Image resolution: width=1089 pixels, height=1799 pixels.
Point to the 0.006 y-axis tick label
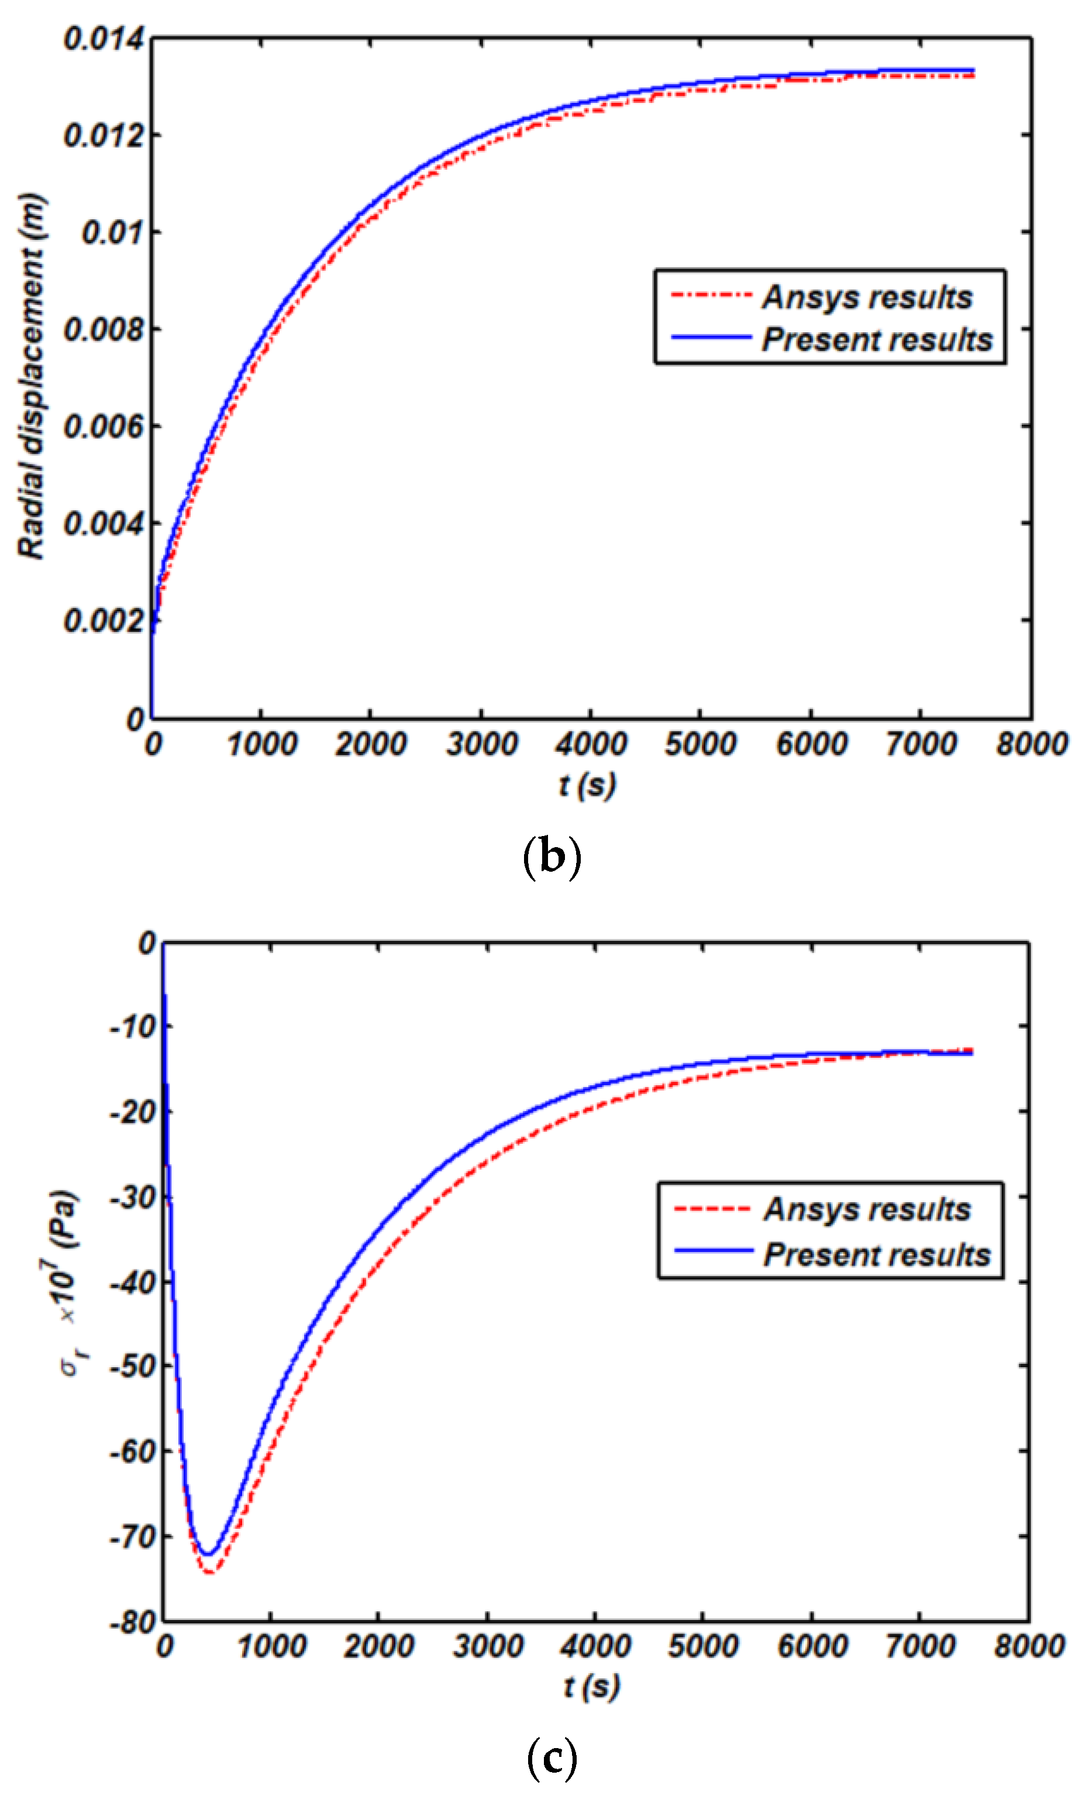coord(104,426)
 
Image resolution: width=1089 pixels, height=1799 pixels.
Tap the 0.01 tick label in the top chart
coord(113,233)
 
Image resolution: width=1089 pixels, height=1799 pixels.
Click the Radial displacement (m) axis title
coord(32,376)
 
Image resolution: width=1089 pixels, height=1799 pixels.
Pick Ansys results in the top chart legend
coord(867,297)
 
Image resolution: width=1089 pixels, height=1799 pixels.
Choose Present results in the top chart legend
coord(877,339)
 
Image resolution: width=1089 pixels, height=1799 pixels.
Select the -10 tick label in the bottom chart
coord(133,1027)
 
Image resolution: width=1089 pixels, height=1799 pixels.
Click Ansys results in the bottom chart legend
coord(867,1210)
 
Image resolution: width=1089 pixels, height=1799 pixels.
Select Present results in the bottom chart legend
coord(877,1254)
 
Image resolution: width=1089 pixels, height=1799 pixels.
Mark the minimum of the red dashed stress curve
coord(210,1572)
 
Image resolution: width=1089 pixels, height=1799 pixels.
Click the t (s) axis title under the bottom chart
coord(591,1687)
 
